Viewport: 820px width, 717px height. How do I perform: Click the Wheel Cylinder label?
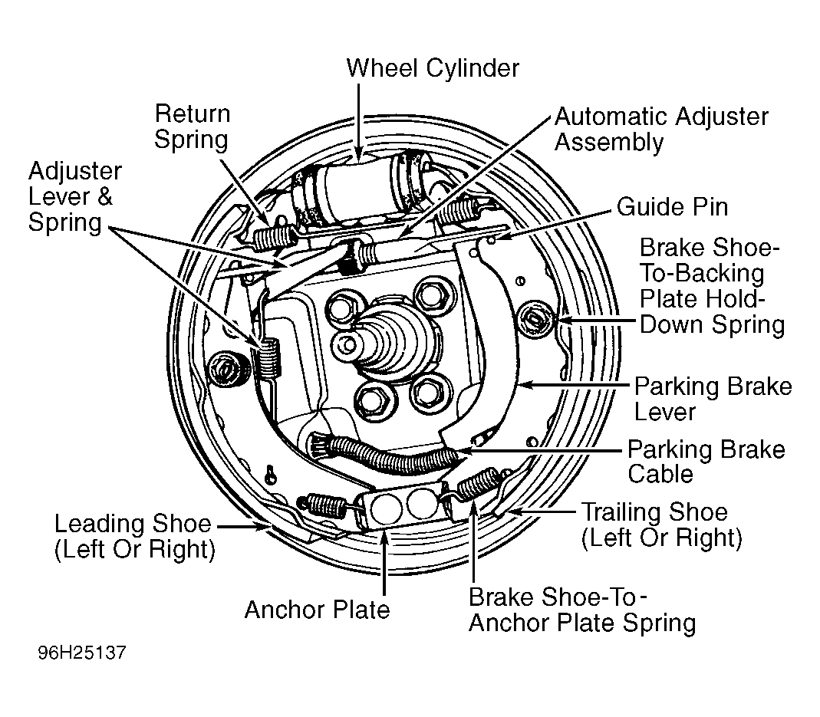click(x=433, y=68)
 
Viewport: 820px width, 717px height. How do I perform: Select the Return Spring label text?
click(x=192, y=127)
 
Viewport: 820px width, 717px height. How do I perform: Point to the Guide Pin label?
click(x=673, y=207)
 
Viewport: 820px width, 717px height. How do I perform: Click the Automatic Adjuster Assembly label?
click(x=661, y=129)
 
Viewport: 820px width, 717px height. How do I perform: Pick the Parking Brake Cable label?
click(x=706, y=462)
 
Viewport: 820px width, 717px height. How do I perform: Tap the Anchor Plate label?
click(x=317, y=610)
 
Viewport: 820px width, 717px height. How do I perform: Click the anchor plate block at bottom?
click(x=403, y=505)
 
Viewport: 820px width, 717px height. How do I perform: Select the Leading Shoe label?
click(x=135, y=537)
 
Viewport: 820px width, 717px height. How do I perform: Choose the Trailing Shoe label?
click(x=661, y=525)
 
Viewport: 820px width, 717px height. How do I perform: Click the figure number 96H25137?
click(x=82, y=653)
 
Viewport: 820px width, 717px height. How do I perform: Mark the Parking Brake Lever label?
click(x=713, y=400)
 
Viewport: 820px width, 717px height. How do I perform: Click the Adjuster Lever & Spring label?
click(x=74, y=196)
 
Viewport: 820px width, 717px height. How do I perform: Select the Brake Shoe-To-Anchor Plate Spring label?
click(x=582, y=610)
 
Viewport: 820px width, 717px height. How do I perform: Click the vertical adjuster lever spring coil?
click(x=268, y=358)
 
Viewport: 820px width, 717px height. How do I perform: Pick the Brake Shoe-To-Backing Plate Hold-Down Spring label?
click(x=713, y=286)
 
